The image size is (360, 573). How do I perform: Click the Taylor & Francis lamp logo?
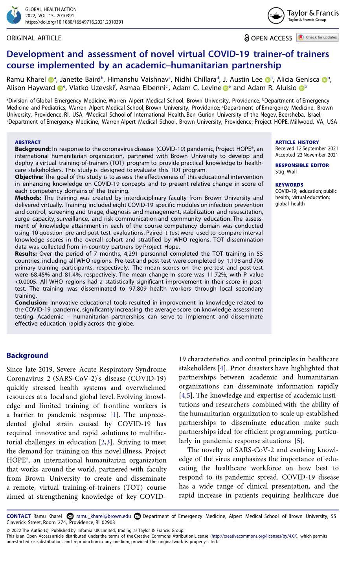tap(276, 16)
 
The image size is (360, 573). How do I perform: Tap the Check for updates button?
tap(318, 37)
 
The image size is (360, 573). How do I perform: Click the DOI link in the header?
tap(74, 22)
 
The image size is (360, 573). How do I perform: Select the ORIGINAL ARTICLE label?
tap(34, 38)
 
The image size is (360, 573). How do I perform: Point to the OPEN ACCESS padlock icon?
tap(246, 38)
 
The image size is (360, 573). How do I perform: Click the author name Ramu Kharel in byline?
tap(26, 79)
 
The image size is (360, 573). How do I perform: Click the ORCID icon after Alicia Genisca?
tap(324, 80)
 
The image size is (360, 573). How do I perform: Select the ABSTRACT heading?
tap(28, 142)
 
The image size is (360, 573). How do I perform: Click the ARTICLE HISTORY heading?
tap(297, 142)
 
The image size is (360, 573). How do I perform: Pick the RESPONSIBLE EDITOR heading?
tap(302, 165)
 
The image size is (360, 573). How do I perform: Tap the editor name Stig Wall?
tap(286, 172)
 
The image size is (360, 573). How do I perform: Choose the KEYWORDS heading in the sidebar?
tap(289, 185)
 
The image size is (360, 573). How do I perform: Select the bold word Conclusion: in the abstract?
tap(31, 303)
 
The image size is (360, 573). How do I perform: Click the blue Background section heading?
tap(27, 355)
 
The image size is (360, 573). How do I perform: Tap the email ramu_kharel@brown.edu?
tap(104, 516)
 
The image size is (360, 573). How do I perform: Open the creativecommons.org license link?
tap(254, 536)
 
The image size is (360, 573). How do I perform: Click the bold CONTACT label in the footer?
tap(18, 516)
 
